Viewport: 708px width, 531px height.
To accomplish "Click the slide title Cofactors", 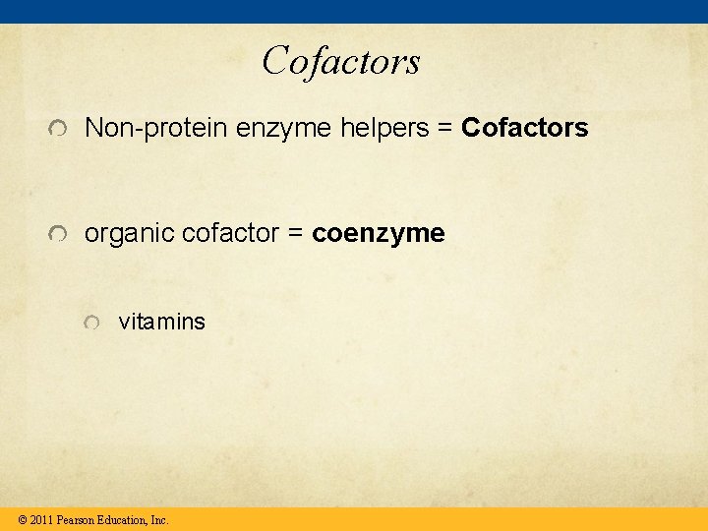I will click(341, 61).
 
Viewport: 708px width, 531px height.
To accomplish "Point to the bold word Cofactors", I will click(524, 128).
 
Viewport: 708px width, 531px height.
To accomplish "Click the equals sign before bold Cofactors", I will click(447, 129).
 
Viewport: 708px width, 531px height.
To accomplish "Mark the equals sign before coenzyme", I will click(297, 235).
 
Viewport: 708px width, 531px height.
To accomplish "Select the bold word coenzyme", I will click(379, 235).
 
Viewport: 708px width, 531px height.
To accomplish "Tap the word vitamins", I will click(162, 322).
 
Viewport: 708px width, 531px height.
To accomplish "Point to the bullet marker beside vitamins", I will click(91, 324).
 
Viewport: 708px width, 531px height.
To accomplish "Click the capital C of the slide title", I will click(276, 61).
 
